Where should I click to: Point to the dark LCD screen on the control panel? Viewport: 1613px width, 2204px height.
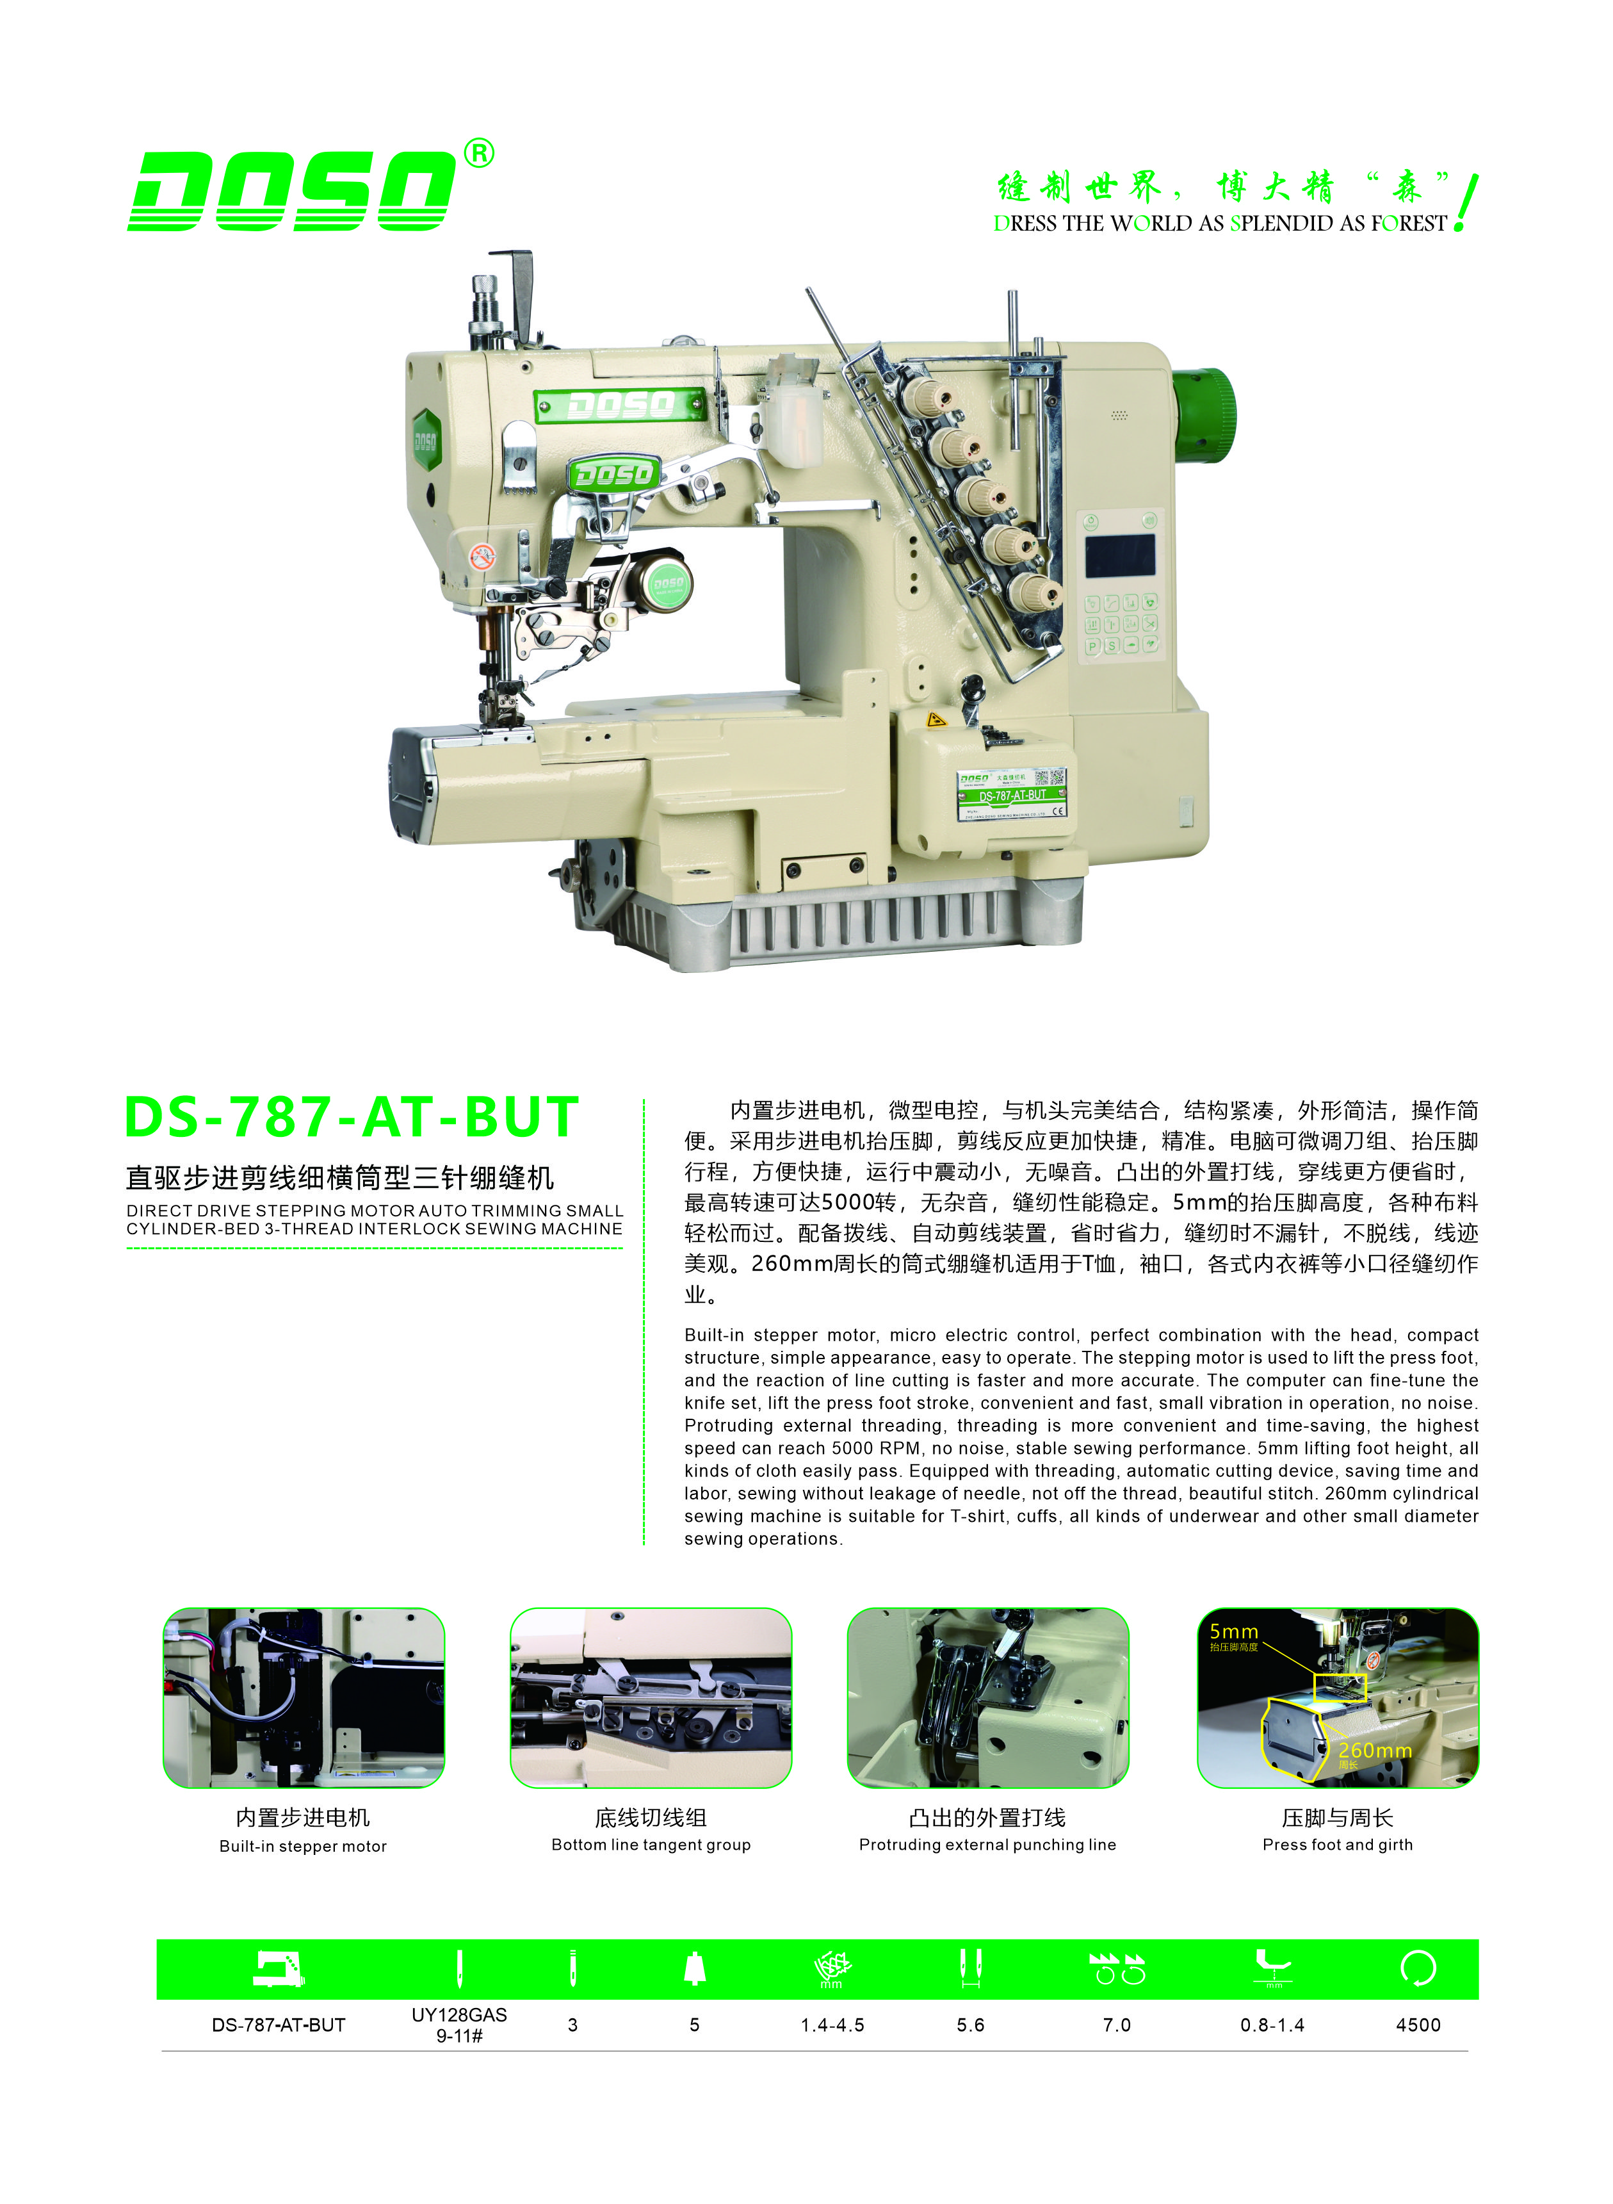(x=1121, y=555)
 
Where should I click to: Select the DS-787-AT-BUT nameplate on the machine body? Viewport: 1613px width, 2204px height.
(x=1012, y=793)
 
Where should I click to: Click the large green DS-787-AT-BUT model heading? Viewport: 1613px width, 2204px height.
(x=352, y=1118)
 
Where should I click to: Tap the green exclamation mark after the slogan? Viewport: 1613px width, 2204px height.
(x=1466, y=202)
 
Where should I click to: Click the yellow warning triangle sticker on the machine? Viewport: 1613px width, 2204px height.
(x=936, y=721)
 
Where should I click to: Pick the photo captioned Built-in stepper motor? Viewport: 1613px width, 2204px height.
(x=304, y=1697)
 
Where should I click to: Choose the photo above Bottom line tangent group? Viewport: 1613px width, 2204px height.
(x=651, y=1697)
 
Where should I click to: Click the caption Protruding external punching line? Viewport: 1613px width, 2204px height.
(x=987, y=1845)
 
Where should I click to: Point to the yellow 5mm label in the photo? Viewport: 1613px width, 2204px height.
(x=1234, y=1632)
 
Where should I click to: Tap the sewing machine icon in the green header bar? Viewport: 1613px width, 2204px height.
(x=279, y=1969)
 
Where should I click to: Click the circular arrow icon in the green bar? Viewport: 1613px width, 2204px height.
(x=1418, y=1969)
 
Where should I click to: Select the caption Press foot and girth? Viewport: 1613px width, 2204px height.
(x=1338, y=1845)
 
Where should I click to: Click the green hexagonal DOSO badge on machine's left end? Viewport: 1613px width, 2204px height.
(x=426, y=441)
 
